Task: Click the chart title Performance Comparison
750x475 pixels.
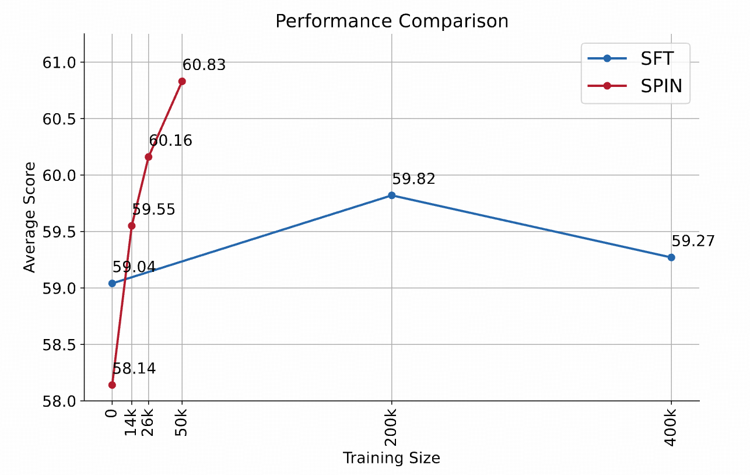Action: click(x=391, y=21)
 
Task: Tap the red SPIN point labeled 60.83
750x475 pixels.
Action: click(x=182, y=81)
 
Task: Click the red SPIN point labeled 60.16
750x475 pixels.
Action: click(x=148, y=156)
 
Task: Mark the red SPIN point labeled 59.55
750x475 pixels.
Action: click(x=131, y=225)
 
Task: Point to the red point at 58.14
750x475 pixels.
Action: click(x=112, y=385)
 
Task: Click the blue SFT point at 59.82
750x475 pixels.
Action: click(x=391, y=195)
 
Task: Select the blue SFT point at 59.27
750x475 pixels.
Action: click(x=671, y=257)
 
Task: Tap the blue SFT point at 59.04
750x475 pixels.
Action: click(x=112, y=284)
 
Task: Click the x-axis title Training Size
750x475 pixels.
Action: click(x=391, y=458)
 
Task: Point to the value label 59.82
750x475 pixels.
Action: click(x=414, y=179)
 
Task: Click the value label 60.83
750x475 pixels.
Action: click(x=204, y=65)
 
